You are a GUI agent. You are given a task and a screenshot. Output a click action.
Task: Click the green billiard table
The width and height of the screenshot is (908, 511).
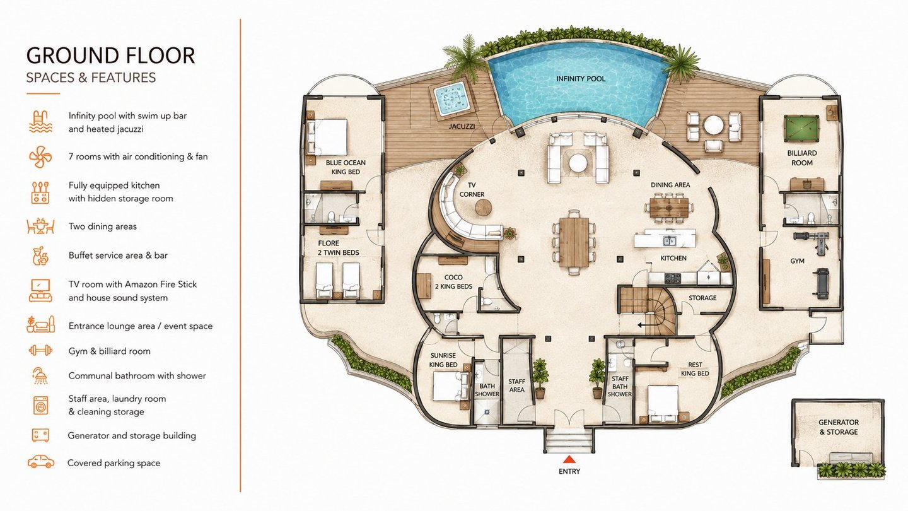click(x=801, y=129)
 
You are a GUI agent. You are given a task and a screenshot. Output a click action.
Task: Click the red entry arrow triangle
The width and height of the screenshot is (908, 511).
click(x=569, y=459)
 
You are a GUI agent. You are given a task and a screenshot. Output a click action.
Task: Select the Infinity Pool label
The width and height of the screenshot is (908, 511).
click(x=581, y=79)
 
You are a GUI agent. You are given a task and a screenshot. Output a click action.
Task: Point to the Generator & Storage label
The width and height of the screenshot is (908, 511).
click(x=838, y=427)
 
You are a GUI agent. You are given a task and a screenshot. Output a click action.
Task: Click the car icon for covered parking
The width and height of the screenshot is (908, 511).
click(x=40, y=462)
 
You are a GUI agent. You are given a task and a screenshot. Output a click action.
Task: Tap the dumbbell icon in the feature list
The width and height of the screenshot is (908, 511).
click(x=40, y=350)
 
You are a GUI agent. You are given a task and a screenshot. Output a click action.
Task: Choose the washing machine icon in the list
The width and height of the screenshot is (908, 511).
click(x=40, y=405)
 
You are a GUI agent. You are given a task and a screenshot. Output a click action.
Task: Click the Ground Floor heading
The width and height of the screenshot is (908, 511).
click(x=110, y=56)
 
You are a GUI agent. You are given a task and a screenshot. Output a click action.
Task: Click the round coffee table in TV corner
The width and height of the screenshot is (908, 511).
click(x=483, y=208)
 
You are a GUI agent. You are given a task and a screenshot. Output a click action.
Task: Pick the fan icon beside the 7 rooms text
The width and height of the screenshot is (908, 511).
click(x=40, y=156)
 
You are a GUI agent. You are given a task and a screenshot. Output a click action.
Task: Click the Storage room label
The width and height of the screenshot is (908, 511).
click(x=702, y=298)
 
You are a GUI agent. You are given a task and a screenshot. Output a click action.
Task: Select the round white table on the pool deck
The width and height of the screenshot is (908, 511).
click(x=713, y=126)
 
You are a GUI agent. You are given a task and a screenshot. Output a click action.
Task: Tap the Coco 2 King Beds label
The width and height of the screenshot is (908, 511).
click(x=453, y=282)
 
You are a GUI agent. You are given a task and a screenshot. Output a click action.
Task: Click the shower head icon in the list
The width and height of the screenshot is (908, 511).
click(x=40, y=375)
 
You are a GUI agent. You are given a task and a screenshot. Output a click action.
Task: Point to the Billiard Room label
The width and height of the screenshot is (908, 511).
click(x=802, y=158)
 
